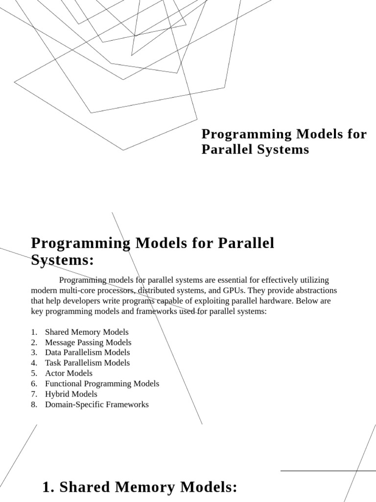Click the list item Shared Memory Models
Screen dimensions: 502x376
[87, 332]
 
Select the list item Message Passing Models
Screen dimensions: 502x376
[88, 342]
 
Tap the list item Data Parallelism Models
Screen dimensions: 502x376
[87, 352]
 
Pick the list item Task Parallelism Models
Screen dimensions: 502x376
[87, 363]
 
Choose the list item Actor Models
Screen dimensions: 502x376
[69, 373]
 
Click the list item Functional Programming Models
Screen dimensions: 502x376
[102, 383]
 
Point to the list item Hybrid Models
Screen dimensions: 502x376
[71, 394]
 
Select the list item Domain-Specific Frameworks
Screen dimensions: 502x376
[96, 404]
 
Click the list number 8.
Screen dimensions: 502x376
[33, 404]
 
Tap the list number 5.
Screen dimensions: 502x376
[33, 373]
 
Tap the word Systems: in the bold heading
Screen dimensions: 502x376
[62, 260]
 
